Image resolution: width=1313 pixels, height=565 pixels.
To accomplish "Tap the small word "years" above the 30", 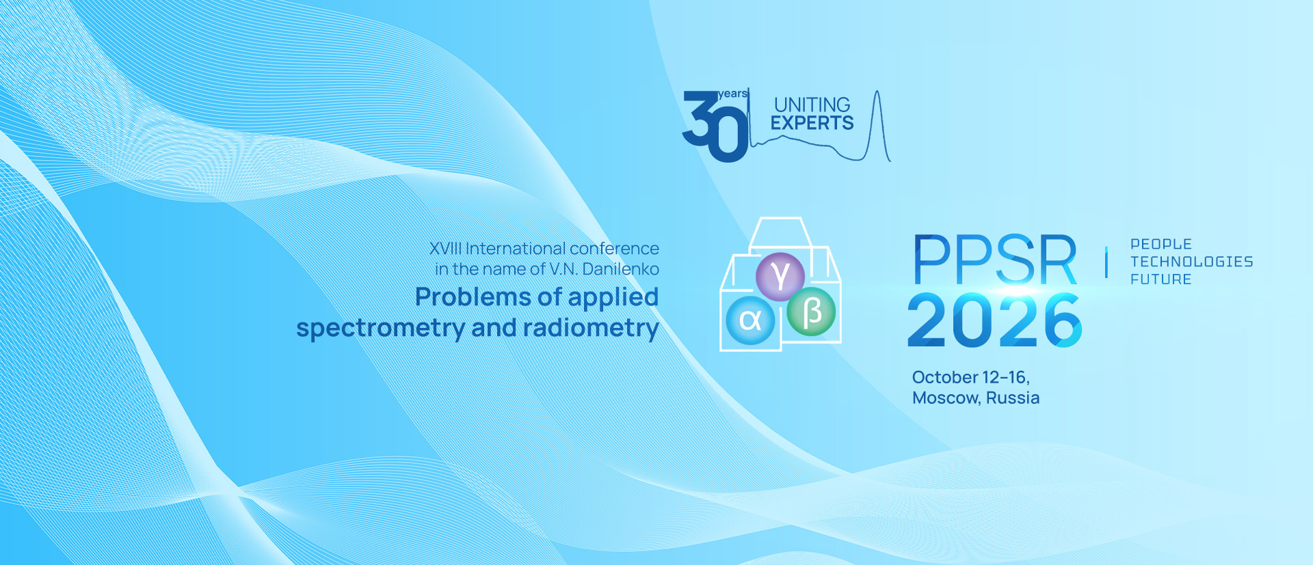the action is click(x=732, y=94).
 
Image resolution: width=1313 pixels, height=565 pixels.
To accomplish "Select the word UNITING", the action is click(x=812, y=105).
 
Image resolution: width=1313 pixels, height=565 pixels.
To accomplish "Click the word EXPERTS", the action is click(x=812, y=123).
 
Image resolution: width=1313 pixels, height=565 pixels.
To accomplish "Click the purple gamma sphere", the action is click(x=780, y=276).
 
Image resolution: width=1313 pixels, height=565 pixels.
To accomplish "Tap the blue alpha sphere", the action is click(x=750, y=320).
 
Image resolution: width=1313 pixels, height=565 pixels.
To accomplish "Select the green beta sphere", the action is click(x=812, y=312).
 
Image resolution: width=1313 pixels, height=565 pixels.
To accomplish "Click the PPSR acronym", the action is click(x=995, y=260).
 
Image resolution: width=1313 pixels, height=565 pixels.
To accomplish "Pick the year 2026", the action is click(x=995, y=320).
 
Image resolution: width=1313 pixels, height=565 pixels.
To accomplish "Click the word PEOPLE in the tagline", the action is click(x=1161, y=244).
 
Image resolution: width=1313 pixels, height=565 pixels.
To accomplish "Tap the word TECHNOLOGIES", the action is click(x=1192, y=262).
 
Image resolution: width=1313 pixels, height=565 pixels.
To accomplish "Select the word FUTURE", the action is click(x=1161, y=279).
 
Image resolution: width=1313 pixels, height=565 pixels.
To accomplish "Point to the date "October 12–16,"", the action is click(x=971, y=377).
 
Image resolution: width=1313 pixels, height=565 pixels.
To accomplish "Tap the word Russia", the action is click(x=1013, y=398).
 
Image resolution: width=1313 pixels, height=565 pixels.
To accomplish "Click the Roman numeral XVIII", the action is click(x=445, y=249).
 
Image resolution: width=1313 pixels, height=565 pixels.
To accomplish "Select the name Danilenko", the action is click(x=621, y=269).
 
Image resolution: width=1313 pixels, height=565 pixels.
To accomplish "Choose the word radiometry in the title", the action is click(x=591, y=329).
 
